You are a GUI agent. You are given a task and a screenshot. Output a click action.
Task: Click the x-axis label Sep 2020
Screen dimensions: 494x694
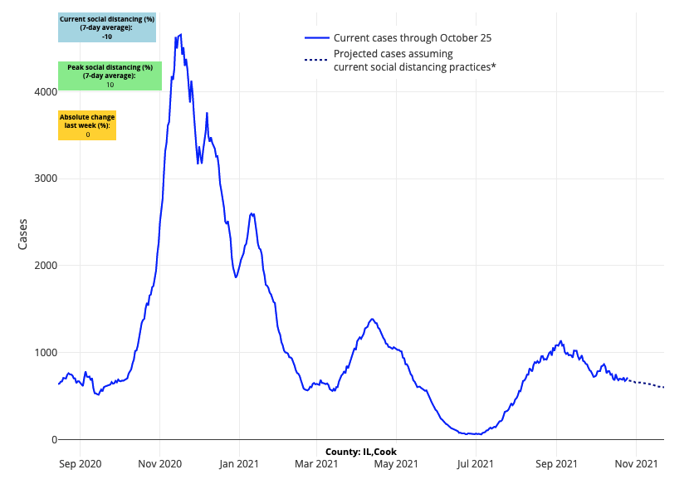[81, 463]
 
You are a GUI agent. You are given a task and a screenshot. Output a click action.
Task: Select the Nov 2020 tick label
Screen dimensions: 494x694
[159, 463]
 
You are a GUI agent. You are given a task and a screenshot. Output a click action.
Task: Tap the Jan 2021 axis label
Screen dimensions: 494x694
[239, 463]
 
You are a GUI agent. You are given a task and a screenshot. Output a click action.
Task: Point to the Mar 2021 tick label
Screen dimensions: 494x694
[316, 463]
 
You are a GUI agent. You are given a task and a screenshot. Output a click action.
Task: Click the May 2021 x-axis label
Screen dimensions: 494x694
[396, 463]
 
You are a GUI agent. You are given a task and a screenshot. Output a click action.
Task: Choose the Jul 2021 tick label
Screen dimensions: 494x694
[476, 463]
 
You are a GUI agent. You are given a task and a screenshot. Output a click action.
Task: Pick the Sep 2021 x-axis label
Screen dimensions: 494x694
[555, 463]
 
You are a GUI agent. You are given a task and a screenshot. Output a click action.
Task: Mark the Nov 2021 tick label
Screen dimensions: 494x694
[635, 463]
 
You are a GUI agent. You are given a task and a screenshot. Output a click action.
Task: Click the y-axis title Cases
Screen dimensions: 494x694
[23, 233]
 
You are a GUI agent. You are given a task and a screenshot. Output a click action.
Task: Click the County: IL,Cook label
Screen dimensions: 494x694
[361, 452]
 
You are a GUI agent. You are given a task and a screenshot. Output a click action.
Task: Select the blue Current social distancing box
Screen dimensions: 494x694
[107, 27]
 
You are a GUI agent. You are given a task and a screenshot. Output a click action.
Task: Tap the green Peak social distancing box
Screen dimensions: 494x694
[110, 76]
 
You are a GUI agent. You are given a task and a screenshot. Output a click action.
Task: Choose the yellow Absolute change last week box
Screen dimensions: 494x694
[87, 125]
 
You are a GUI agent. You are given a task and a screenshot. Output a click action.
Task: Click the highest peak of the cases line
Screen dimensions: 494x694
[180, 34]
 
